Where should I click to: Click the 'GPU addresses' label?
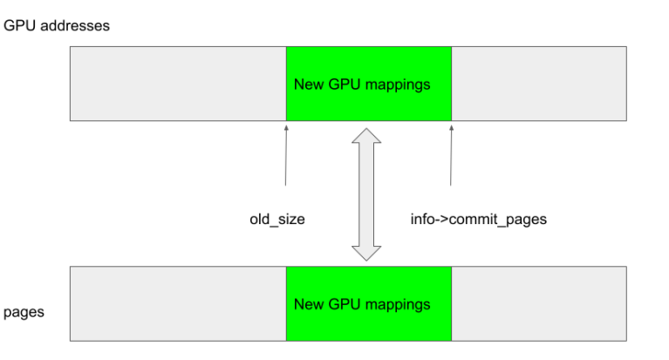pyautogui.click(x=57, y=25)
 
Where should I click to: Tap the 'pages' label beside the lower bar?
pyautogui.click(x=24, y=312)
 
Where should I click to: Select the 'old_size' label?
pyautogui.click(x=277, y=220)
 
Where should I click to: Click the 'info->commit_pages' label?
pyautogui.click(x=478, y=220)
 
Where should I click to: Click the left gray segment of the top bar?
pyautogui.click(x=178, y=84)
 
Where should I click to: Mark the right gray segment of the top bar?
pyautogui.click(x=538, y=84)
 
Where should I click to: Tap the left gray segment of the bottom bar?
pyautogui.click(x=178, y=304)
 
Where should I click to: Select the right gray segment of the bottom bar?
pyautogui.click(x=538, y=304)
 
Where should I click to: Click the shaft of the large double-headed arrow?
pyautogui.click(x=366, y=196)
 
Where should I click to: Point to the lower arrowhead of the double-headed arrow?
pyautogui.click(x=366, y=252)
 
